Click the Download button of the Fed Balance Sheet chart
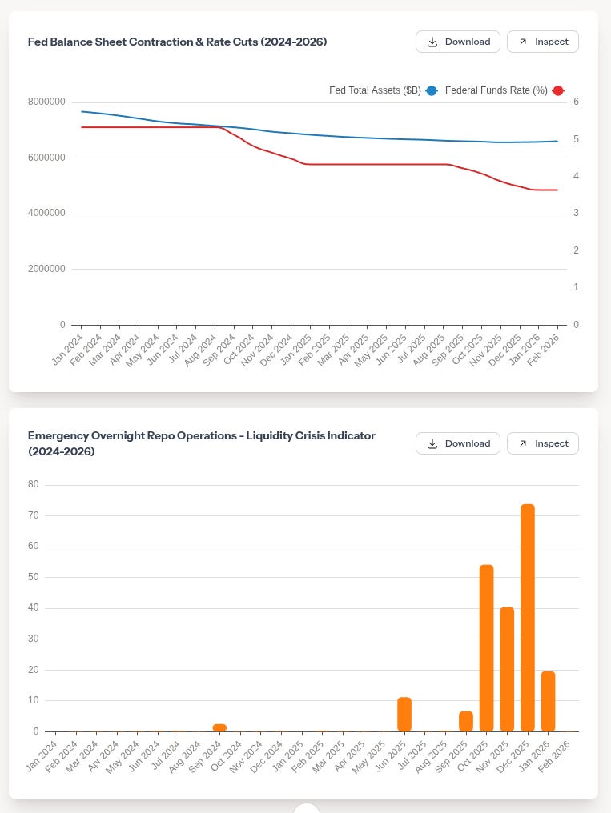point(457,42)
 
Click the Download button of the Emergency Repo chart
point(457,443)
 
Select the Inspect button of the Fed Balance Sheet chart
point(542,42)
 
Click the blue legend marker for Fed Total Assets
point(432,91)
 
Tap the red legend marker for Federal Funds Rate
point(558,91)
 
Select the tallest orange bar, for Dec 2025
point(528,618)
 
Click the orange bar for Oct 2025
point(486,648)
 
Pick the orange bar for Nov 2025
point(507,669)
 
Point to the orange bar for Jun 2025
point(404,715)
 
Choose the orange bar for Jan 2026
point(548,701)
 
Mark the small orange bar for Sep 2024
point(219,727)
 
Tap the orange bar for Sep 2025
point(466,721)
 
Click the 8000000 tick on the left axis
point(46,102)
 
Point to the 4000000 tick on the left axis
point(46,214)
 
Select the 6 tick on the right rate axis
point(576,102)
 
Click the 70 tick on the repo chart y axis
point(33,515)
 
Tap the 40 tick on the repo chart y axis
point(33,608)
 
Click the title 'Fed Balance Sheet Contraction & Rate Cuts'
point(177,42)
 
